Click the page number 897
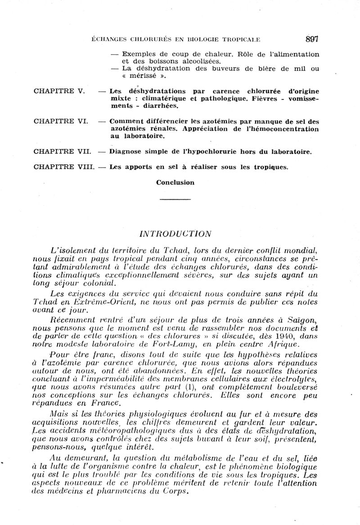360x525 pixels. [311, 39]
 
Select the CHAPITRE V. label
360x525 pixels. [59, 91]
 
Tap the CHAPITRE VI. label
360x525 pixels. [61, 121]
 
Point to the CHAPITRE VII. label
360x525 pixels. [63, 151]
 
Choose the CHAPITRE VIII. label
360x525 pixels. [64, 166]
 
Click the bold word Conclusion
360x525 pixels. [175, 182]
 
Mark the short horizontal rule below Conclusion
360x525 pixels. [175, 199]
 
